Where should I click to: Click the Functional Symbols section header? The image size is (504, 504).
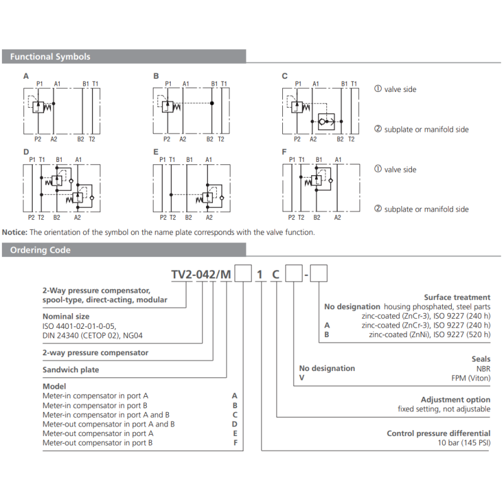50,57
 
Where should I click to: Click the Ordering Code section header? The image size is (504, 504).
40,250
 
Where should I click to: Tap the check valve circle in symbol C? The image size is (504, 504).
324,120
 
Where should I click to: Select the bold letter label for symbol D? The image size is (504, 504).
26,152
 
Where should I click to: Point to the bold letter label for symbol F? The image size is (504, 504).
284,152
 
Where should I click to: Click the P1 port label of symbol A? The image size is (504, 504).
39,83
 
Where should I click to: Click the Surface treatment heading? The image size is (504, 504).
457,297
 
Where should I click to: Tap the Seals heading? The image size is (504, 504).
480,359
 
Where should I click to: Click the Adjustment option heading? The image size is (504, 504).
455,399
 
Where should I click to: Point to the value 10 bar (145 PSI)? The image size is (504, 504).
464,443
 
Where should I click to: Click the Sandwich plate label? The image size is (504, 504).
70,370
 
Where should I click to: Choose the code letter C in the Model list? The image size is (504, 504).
235,415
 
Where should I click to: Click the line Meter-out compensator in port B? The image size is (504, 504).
98,443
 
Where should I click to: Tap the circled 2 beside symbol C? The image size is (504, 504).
378,129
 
